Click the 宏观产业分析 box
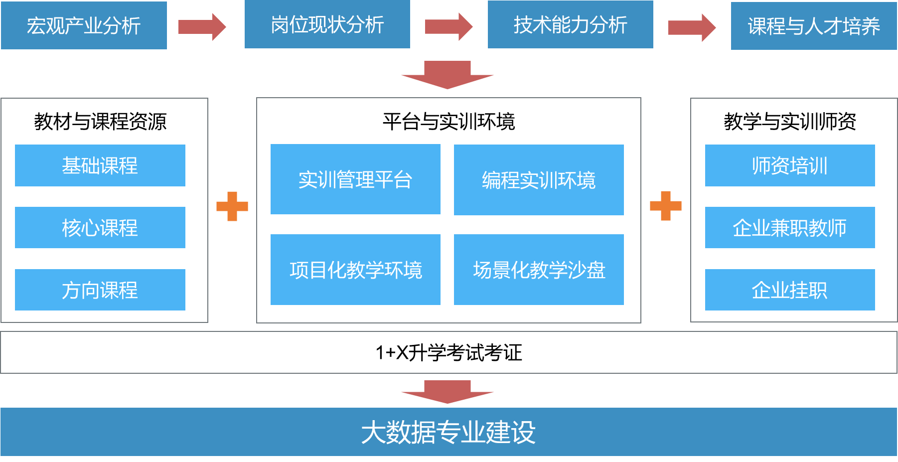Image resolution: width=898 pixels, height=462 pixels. [x=84, y=25]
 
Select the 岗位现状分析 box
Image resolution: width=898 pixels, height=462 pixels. [x=327, y=24]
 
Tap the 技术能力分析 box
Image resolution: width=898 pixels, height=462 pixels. [x=570, y=24]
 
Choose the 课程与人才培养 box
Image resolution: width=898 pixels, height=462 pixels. [x=813, y=26]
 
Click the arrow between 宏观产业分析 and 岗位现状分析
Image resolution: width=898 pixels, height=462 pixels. [x=202, y=26]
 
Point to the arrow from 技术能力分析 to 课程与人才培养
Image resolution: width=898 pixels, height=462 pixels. [x=691, y=27]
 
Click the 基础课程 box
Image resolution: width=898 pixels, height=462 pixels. [x=100, y=165]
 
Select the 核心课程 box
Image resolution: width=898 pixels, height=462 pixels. [x=100, y=227]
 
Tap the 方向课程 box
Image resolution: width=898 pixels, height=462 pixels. [x=100, y=290]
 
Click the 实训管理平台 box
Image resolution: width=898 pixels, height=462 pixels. [x=355, y=179]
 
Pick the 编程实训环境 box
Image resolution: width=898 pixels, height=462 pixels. [x=539, y=180]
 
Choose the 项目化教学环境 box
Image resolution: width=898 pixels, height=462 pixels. [x=355, y=270]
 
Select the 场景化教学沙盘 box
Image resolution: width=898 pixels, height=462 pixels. [x=539, y=270]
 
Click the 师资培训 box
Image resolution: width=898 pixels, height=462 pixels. [x=790, y=165]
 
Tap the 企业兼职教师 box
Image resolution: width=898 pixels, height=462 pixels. [x=790, y=227]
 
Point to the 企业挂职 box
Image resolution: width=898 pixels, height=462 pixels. [x=790, y=290]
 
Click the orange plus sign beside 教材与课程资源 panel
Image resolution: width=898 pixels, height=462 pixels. [x=232, y=206]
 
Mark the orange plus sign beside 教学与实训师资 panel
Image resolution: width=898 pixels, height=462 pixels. [x=666, y=206]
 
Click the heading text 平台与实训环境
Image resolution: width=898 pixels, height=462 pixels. [x=449, y=122]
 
